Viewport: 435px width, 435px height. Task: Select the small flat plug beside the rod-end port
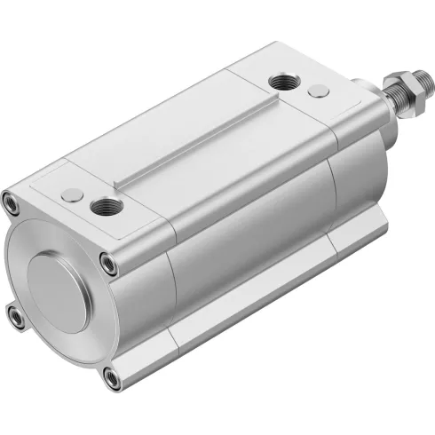tap(316, 91)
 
